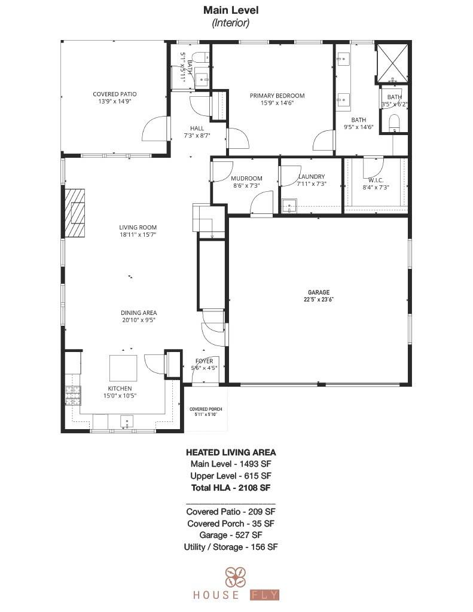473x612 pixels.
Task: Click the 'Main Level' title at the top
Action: (230, 10)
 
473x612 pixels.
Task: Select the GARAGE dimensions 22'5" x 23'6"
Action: (318, 299)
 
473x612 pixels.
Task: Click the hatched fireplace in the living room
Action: (75, 214)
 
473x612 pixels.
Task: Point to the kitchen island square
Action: (123, 368)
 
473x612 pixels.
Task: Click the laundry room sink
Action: (290, 207)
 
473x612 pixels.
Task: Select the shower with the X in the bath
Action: (392, 62)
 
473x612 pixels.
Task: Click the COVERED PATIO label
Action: (115, 94)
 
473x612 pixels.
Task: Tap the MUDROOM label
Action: (246, 178)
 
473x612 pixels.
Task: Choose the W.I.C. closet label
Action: (376, 180)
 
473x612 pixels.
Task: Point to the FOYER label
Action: (204, 361)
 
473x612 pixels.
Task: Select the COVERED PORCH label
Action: (205, 409)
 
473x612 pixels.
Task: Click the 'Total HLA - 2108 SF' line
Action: (230, 487)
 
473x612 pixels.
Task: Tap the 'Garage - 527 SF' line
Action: (230, 535)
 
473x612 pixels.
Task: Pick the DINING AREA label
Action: (139, 313)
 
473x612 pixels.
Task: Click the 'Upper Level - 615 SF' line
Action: (230, 476)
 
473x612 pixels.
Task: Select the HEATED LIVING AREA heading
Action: (230, 452)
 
